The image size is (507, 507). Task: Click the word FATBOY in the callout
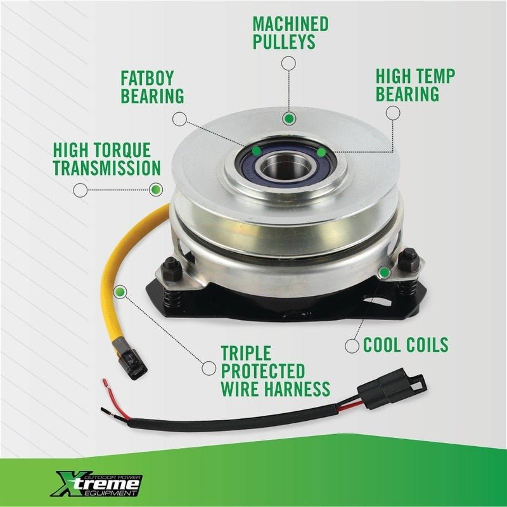click(x=148, y=78)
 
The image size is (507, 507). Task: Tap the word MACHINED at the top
click(x=290, y=24)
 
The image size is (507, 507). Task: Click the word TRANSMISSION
click(x=107, y=168)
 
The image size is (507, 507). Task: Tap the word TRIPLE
click(x=246, y=353)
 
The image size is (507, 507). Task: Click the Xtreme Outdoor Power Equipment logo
click(x=97, y=484)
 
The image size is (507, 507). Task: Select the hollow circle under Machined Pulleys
click(x=288, y=63)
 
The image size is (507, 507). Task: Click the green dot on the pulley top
click(x=289, y=119)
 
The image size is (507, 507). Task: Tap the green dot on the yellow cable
click(x=120, y=292)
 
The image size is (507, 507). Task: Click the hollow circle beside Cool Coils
click(x=352, y=346)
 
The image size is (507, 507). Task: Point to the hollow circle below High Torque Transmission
click(x=80, y=190)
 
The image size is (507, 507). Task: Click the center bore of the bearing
click(x=285, y=166)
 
